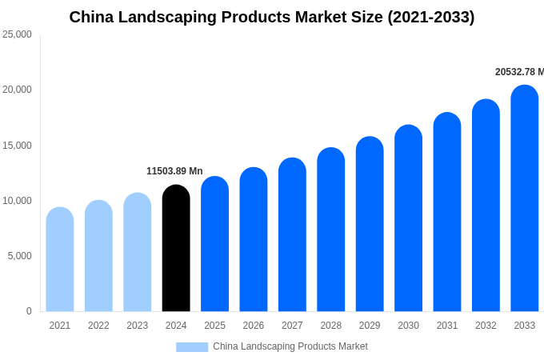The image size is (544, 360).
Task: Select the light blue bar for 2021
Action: (60, 259)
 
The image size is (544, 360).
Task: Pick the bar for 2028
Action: (330, 230)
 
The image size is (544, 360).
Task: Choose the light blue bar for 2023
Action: (137, 252)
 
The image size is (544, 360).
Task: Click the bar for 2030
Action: (408, 218)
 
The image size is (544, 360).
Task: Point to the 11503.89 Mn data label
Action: (174, 171)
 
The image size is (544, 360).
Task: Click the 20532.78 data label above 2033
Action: (518, 72)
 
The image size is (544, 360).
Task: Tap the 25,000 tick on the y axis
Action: (17, 34)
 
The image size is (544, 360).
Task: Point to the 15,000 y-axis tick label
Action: (17, 145)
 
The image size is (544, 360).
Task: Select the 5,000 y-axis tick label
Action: (19, 256)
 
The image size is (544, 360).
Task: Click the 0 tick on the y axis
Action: (29, 311)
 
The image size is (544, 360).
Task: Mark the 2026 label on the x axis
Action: (254, 326)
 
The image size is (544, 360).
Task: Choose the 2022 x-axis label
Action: (98, 326)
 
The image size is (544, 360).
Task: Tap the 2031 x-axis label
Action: (447, 326)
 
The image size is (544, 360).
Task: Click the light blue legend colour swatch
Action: (192, 347)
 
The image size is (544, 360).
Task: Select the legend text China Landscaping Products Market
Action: (290, 346)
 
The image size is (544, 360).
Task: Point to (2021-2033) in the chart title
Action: (430, 17)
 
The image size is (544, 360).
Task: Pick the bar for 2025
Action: (214, 244)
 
